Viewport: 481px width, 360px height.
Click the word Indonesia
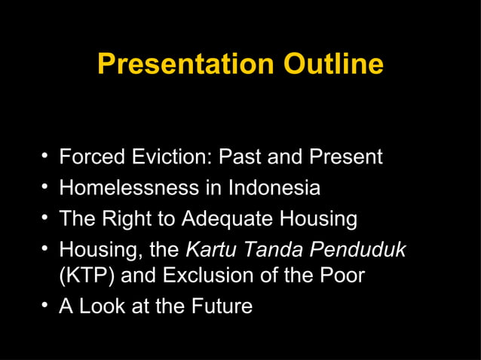tap(273, 187)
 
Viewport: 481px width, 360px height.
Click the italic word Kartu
tap(210, 249)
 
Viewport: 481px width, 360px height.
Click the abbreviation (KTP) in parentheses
tap(87, 276)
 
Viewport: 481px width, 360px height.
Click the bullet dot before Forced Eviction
tap(46, 157)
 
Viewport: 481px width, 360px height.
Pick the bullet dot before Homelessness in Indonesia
tap(46, 186)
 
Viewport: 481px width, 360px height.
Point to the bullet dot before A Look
tap(46, 306)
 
